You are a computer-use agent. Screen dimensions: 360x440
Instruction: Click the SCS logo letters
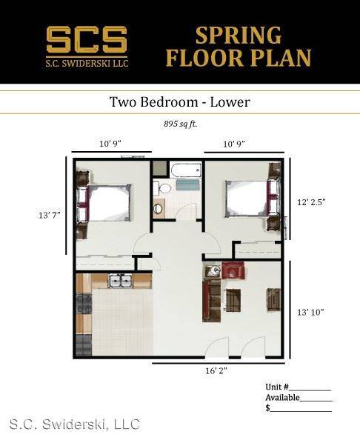(x=87, y=39)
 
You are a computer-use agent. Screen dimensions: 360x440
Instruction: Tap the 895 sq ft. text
(x=181, y=124)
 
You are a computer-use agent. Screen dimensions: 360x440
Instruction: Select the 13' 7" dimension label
(x=50, y=216)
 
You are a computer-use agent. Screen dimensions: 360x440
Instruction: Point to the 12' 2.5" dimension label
(x=311, y=202)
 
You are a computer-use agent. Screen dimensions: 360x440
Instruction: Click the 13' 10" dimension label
(x=310, y=312)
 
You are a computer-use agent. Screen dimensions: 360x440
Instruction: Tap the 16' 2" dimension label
(x=216, y=370)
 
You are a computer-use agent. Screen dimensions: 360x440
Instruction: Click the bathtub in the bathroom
(x=186, y=170)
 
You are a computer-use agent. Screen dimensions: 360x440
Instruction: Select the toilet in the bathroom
(x=162, y=188)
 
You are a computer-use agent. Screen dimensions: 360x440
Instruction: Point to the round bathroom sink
(x=159, y=208)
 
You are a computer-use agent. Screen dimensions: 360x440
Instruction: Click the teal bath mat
(x=187, y=185)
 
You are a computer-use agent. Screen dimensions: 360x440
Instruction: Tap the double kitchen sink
(x=121, y=281)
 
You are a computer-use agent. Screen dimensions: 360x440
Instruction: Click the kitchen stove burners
(x=84, y=304)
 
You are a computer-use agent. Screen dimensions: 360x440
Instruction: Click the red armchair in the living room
(x=233, y=270)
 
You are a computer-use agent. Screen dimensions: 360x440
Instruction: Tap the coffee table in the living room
(x=233, y=301)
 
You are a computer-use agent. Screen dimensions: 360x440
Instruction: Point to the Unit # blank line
(x=310, y=390)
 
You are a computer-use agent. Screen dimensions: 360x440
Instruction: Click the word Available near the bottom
(x=282, y=398)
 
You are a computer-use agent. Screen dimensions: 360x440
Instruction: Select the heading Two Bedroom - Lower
(x=179, y=101)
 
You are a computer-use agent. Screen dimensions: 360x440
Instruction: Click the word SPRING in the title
(x=239, y=36)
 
